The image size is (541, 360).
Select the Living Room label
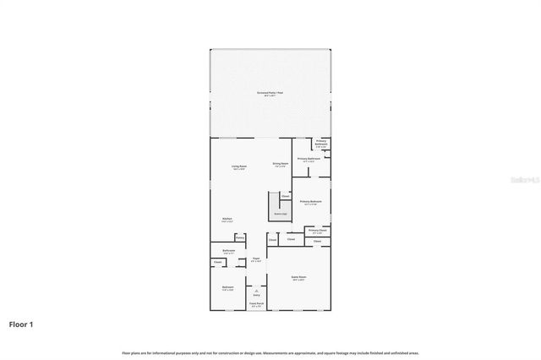239,167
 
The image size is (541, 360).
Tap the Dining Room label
281,164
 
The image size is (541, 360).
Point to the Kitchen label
227,219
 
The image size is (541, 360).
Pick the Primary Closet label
318,231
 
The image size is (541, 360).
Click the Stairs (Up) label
277,215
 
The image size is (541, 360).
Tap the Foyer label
255,259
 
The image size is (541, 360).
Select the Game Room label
298,278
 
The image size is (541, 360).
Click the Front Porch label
256,303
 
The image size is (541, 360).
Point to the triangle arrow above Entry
256,290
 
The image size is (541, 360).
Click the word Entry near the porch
256,295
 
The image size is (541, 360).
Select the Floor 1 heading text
21,324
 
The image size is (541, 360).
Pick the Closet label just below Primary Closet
318,242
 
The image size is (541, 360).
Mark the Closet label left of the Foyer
217,262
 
